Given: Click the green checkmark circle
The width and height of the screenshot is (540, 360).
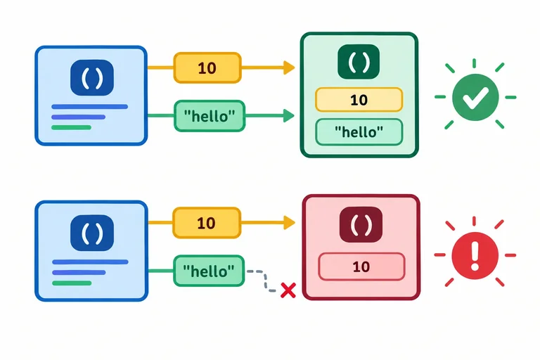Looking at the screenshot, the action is coord(475,97).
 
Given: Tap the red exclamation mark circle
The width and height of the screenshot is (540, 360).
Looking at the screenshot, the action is coord(475,255).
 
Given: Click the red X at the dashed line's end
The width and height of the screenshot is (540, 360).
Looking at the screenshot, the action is coord(288,290).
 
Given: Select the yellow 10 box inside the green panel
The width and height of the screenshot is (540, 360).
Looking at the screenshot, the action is coord(359,100).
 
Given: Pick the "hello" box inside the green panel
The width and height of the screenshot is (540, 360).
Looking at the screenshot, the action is coord(359,132).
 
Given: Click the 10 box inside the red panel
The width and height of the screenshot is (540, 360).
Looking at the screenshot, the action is coord(361,266).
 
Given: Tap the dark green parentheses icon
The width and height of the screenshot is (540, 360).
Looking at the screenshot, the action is coord(359,62).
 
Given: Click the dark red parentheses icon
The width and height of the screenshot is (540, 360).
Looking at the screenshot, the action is coord(361,224).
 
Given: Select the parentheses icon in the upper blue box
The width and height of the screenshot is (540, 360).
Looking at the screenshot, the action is coord(92,78).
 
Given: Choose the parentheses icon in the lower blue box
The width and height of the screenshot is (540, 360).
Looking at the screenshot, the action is coord(92,233).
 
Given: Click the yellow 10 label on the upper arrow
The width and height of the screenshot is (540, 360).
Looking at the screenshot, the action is coord(207,68).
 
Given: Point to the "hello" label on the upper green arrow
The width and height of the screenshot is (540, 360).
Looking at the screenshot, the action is coord(210,116).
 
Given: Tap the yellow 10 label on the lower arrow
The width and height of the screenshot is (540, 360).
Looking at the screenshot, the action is coord(207,223).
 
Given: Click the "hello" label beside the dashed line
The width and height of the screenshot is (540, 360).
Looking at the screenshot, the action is coord(209,271).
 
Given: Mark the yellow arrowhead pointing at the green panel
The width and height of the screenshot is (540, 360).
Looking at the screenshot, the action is coord(289,67).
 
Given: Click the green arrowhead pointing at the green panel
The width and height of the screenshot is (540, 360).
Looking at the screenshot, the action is coord(288,115).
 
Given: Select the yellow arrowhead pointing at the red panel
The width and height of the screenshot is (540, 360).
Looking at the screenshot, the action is coord(289,223).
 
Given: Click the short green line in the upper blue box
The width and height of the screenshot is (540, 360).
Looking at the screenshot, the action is coord(71,127).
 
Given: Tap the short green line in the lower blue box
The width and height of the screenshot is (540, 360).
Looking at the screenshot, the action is coord(72,283).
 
